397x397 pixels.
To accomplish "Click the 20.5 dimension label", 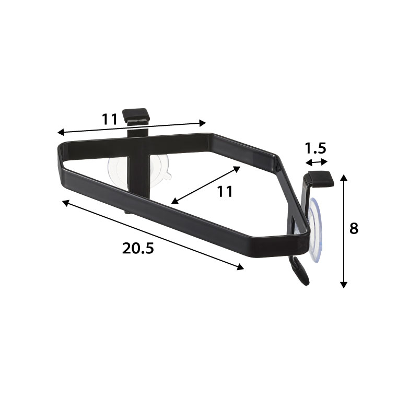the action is click(138, 248).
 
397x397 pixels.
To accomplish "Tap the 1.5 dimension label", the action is click(315, 148).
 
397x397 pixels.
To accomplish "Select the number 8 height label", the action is click(354, 228).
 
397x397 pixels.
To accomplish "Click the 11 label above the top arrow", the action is click(110, 119).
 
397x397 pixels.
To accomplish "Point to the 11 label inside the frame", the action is click(225, 191).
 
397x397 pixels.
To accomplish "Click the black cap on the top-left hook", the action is click(135, 116).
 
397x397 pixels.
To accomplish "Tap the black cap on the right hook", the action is click(321, 179).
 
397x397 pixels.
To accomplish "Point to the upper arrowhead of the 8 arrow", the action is click(344, 177).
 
